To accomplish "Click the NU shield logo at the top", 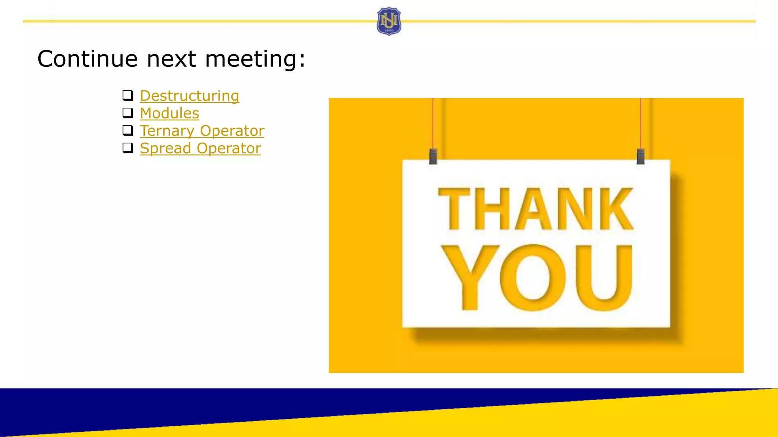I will (389, 21).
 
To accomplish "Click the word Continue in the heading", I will (87, 59).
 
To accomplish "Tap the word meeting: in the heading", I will (255, 60).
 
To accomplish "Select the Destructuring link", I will (189, 96).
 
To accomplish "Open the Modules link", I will (169, 113).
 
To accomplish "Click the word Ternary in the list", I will (167, 131).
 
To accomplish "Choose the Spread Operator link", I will (200, 148).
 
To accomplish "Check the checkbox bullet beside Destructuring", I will (128, 95).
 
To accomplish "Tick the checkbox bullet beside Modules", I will (128, 113).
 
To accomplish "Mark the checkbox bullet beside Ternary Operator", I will (128, 130).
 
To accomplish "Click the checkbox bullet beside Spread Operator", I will (128, 148).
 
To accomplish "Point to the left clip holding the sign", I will (433, 156).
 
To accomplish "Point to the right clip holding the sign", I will (640, 156).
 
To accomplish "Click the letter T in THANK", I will (454, 209).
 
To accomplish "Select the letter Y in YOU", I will (470, 277).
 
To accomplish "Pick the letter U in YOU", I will (604, 277).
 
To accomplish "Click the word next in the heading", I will (171, 60).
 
